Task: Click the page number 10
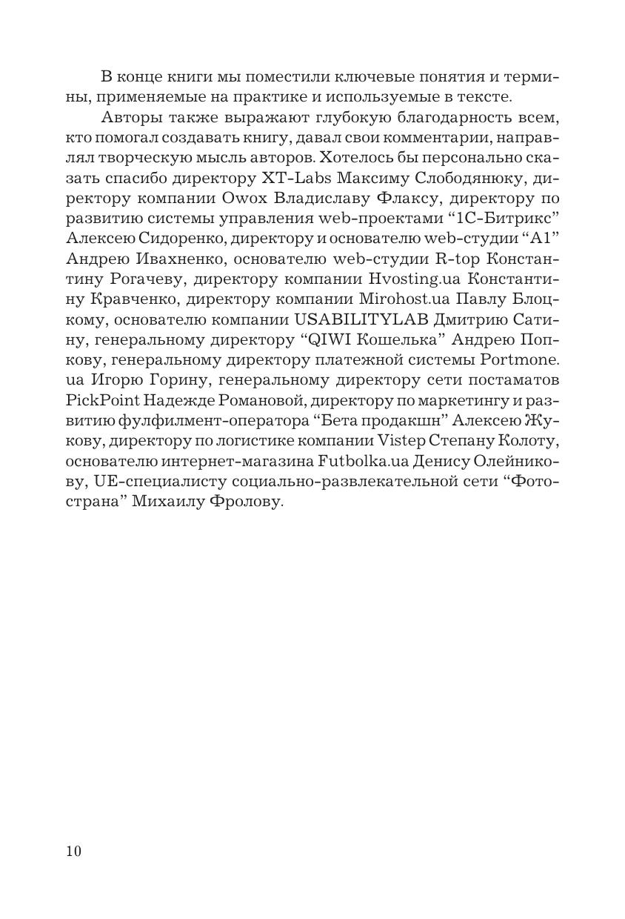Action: point(73,851)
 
